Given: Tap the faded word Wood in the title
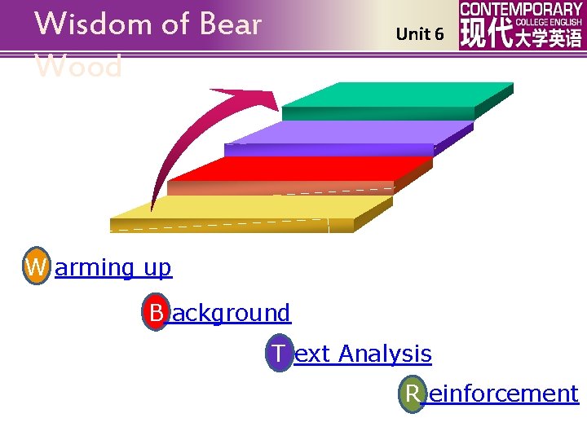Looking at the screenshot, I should click(x=79, y=67).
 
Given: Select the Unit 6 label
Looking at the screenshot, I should click(x=420, y=34).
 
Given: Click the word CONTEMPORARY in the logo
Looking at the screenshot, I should click(x=521, y=9).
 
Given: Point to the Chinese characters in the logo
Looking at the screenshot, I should click(x=521, y=36).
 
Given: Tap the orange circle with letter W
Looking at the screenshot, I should click(x=36, y=266).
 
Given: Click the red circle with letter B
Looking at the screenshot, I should click(x=155, y=312).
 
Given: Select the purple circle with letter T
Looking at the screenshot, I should click(x=279, y=354).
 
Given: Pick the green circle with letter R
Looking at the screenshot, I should click(x=413, y=394).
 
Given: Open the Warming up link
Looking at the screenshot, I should click(x=113, y=267).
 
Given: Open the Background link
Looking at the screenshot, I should click(x=231, y=313).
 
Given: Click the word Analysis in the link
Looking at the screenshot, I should click(x=385, y=354).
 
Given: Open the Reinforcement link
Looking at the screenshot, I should click(x=503, y=394).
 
